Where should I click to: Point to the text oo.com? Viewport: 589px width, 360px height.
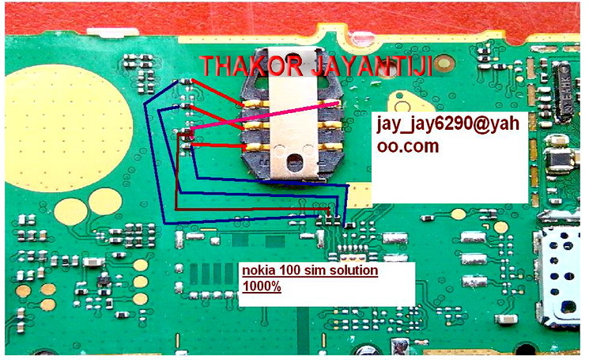click(x=406, y=147)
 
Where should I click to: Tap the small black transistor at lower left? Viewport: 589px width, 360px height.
click(x=102, y=282)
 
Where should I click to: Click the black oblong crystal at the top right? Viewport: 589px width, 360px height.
click(x=572, y=80)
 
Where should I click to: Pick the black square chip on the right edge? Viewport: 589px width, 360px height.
click(x=559, y=161)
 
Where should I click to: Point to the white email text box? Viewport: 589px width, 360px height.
click(x=449, y=155)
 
